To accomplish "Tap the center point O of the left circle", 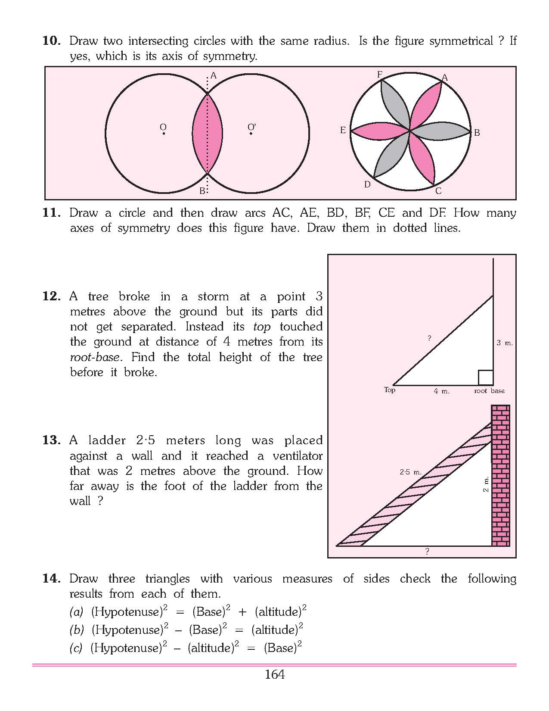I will click(x=164, y=134).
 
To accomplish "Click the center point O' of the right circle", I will click(x=251, y=134).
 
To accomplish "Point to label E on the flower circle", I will click(x=343, y=130).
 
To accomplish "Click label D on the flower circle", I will click(x=367, y=184).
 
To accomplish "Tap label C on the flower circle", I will click(x=438, y=191).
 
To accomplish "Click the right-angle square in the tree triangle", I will click(x=486, y=377).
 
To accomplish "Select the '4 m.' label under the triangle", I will click(x=441, y=391).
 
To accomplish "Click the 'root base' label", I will click(x=489, y=391).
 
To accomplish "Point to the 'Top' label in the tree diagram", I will click(x=389, y=390).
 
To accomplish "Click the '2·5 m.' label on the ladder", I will click(x=410, y=472).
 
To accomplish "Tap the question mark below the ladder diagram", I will click(x=427, y=551).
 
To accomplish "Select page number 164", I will click(x=275, y=674).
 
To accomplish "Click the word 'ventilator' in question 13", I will click(x=298, y=455).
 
